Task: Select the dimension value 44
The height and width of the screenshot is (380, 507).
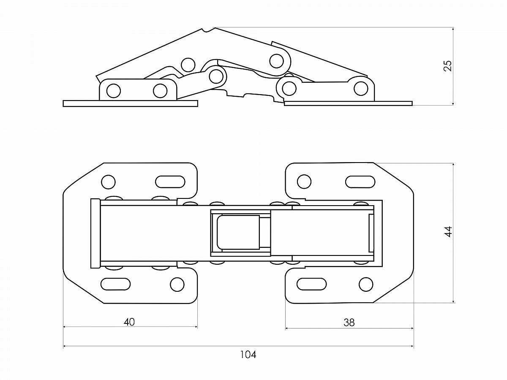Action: [x=448, y=232]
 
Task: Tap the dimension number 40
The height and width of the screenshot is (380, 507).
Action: [x=129, y=322]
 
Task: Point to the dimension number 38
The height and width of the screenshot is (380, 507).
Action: [x=349, y=323]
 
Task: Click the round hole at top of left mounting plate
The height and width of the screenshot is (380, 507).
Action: [x=108, y=182]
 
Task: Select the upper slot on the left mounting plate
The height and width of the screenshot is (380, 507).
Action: [x=170, y=182]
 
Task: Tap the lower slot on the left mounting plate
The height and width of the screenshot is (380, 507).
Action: [x=115, y=284]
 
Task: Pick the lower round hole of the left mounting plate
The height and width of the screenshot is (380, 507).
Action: [x=177, y=284]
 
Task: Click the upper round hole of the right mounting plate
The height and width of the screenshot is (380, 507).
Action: [x=304, y=182]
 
